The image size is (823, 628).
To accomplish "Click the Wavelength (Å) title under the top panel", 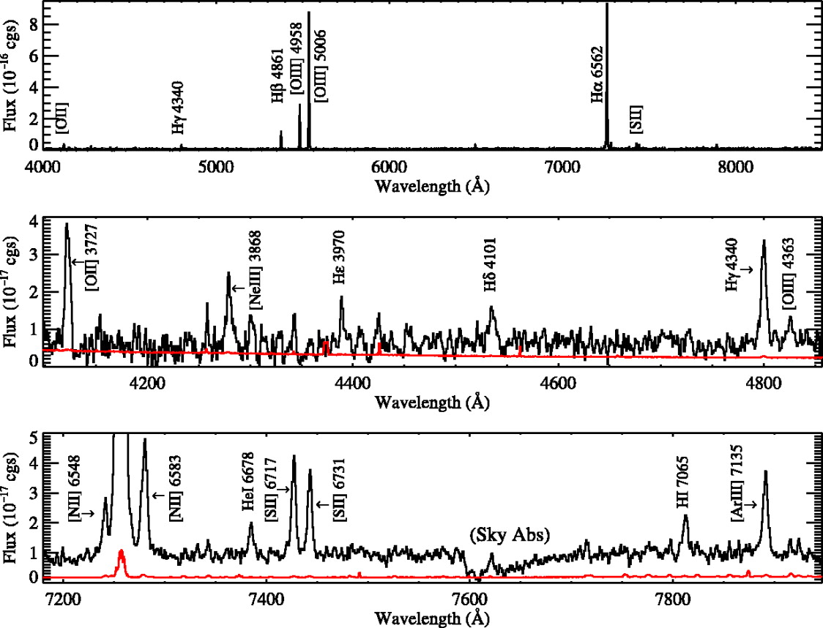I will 431,187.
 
